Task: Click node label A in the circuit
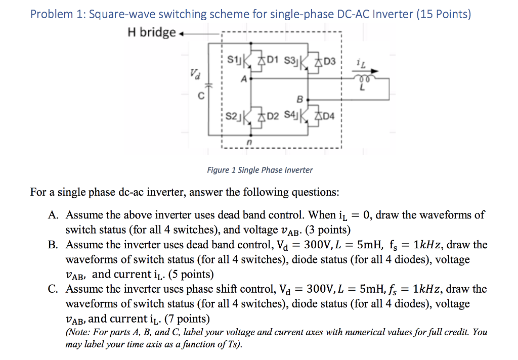[x=244, y=79]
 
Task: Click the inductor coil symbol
[x=363, y=80]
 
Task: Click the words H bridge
[x=152, y=33]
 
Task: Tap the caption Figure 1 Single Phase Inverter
[x=260, y=170]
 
